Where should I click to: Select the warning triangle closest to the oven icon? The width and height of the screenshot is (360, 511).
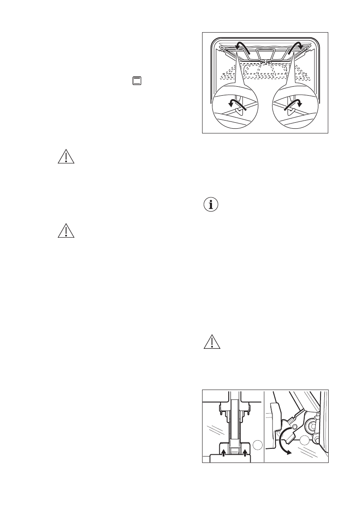click(66, 158)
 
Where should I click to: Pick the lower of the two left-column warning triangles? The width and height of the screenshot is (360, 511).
click(66, 232)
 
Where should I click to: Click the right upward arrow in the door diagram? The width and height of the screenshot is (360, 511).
click(245, 453)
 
